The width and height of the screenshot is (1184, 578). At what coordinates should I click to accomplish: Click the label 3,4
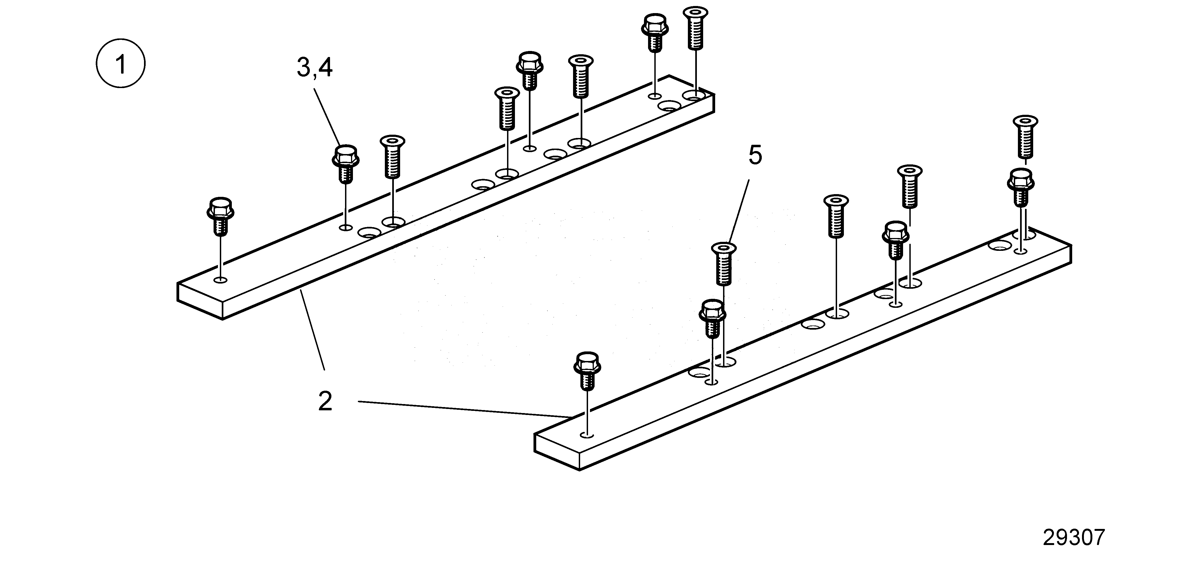pyautogui.click(x=314, y=68)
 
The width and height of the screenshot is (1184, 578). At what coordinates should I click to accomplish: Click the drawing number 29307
pyautogui.click(x=1074, y=537)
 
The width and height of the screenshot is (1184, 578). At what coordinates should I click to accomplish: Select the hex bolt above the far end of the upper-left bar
pyautogui.click(x=655, y=32)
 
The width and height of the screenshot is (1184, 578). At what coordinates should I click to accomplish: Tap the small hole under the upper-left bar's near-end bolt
pyautogui.click(x=221, y=280)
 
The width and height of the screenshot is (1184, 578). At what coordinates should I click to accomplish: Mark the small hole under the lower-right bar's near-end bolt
pyautogui.click(x=587, y=434)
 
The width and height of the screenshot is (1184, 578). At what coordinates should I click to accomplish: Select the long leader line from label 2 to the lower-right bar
pyautogui.click(x=465, y=410)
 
